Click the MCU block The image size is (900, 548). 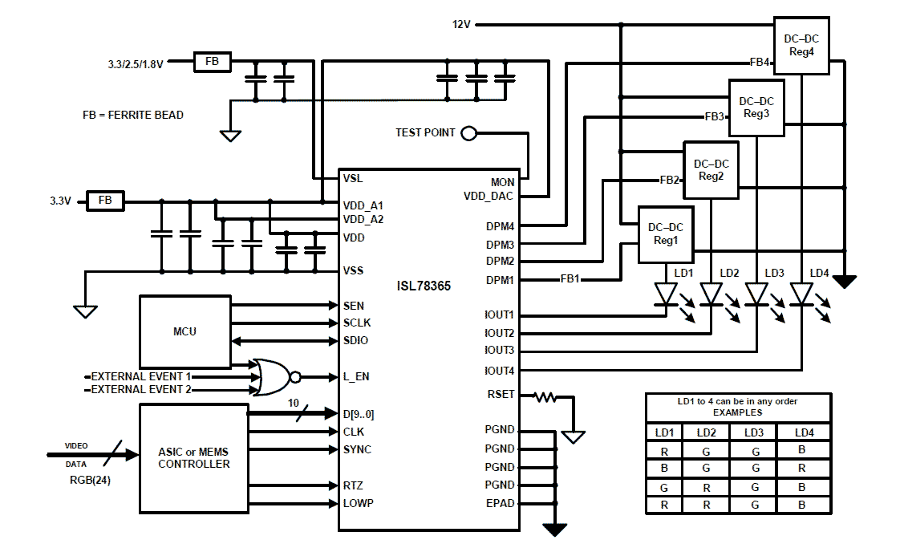point(184,331)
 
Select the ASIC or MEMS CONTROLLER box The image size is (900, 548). point(193,458)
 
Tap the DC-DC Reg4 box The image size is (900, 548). point(801,46)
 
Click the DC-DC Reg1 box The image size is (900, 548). point(665,234)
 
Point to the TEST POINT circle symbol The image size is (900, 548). point(468,133)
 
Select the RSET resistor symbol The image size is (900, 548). point(546,396)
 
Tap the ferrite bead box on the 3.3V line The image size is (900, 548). point(105,201)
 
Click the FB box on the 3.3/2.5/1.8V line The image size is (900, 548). point(213,62)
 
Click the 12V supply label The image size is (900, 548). point(461,25)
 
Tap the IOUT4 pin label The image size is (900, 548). point(499,371)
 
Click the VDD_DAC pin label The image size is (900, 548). point(489,196)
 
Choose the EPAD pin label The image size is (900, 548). point(501,504)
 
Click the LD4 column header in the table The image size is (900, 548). point(804,432)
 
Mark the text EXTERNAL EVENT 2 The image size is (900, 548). point(141,390)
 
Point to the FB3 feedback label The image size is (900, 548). point(714,117)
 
